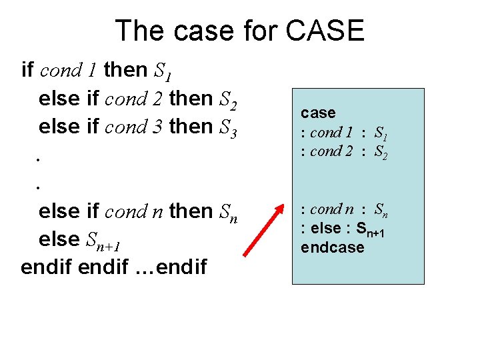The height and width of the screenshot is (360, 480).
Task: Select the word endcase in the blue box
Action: pos(333,247)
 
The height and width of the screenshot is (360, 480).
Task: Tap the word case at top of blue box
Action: pos(318,113)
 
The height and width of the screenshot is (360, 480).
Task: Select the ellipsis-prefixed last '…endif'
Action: pos(174,268)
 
